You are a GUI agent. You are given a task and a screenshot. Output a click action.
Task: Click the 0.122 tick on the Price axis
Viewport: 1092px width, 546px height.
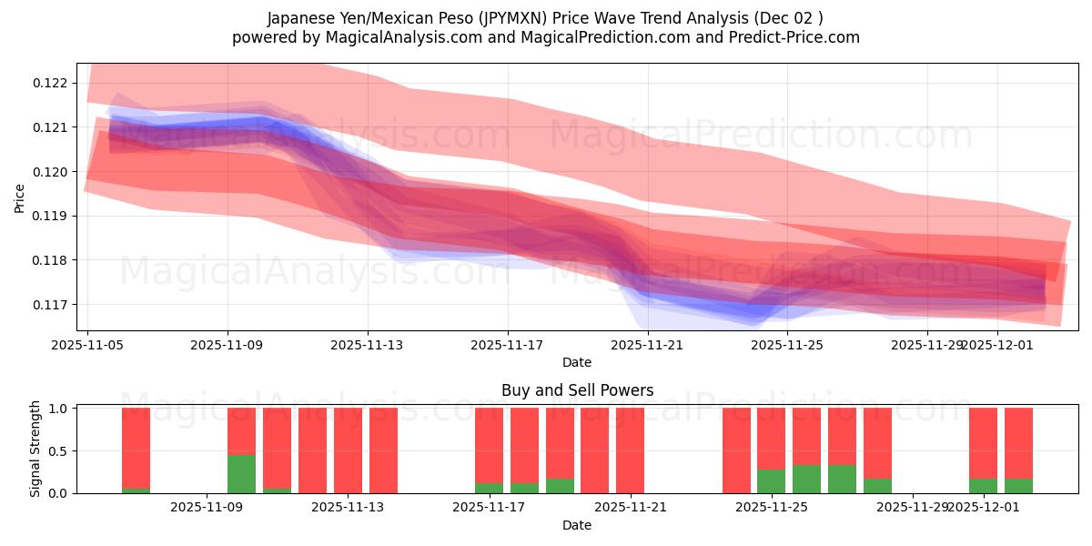(x=51, y=83)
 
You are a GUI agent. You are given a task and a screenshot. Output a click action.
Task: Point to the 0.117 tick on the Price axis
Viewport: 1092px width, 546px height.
(x=51, y=305)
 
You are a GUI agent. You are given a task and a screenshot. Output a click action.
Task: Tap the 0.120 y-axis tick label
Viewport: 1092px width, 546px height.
(x=51, y=172)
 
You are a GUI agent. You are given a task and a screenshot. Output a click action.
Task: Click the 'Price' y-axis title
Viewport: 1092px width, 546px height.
(x=20, y=197)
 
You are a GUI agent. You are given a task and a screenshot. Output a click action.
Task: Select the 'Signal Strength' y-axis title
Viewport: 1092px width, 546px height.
(x=35, y=449)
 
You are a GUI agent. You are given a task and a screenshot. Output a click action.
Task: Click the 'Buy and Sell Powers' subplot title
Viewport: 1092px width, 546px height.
(x=577, y=390)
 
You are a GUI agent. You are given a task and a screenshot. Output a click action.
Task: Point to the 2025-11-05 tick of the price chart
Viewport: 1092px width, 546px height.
(x=87, y=345)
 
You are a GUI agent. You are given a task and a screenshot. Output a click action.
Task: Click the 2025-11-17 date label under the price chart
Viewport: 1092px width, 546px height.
(x=507, y=345)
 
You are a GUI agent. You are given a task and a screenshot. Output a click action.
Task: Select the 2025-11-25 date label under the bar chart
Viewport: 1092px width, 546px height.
(x=771, y=508)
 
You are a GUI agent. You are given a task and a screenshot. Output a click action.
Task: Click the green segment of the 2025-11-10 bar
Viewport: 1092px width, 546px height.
(x=241, y=474)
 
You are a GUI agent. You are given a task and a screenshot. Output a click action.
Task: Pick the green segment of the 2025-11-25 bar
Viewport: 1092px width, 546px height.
(x=771, y=481)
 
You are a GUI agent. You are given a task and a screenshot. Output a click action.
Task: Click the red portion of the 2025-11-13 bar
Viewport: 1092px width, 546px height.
(x=348, y=450)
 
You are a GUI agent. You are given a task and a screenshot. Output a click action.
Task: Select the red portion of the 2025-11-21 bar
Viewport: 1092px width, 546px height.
(x=630, y=450)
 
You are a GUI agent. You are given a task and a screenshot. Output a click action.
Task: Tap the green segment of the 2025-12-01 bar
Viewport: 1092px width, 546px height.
(x=983, y=486)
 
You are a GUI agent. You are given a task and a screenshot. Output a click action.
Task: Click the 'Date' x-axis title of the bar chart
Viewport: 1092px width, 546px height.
(x=577, y=525)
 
